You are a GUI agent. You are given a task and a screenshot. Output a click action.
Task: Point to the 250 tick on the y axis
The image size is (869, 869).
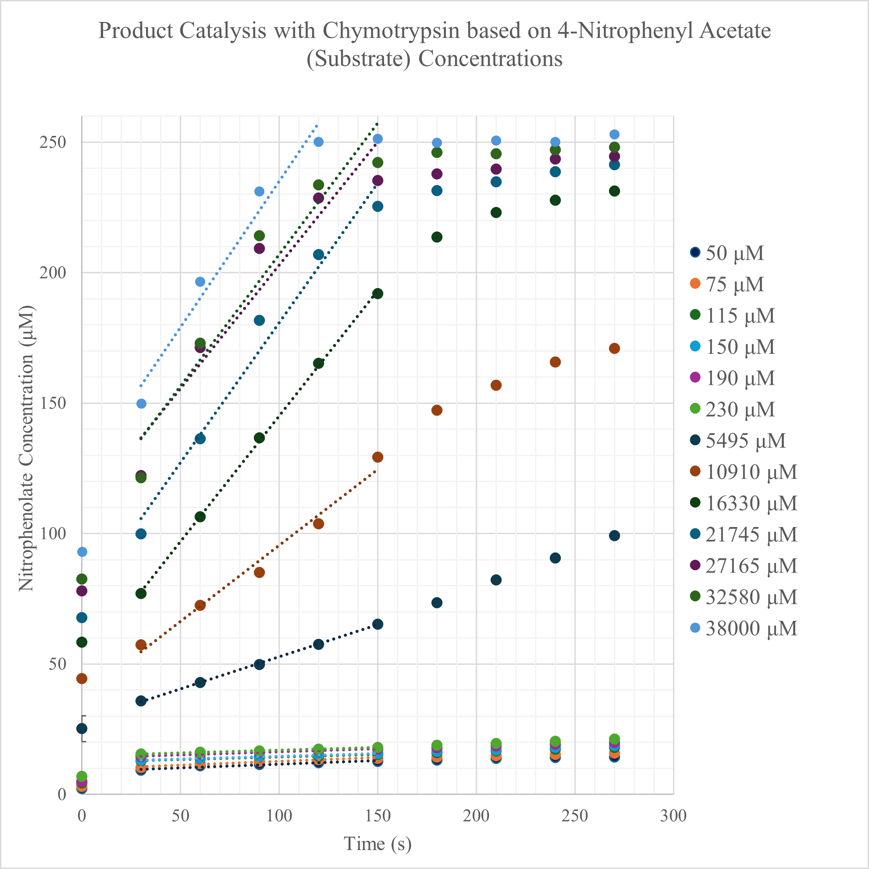[53, 142]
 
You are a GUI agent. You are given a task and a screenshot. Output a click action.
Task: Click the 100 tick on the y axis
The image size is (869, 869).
[53, 534]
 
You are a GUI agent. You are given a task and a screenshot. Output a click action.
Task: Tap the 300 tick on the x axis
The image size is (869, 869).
[673, 816]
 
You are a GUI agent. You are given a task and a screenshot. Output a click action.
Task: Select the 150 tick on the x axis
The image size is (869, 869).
[378, 816]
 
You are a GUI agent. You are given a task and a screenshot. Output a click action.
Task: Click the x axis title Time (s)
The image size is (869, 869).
[378, 844]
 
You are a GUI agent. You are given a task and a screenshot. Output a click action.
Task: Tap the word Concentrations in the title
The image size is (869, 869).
[490, 58]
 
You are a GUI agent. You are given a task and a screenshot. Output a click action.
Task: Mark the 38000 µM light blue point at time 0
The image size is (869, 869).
[82, 552]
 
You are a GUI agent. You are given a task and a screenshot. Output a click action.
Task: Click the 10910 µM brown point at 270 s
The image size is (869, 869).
[614, 349]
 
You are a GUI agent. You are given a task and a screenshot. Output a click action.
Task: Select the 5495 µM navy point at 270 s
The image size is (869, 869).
[614, 536]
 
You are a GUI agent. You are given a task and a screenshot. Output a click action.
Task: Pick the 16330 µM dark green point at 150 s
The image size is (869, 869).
[378, 294]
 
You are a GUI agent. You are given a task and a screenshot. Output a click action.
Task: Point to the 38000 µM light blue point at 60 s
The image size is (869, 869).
[200, 282]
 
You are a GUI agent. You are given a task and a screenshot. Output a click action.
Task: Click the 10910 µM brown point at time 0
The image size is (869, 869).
[82, 678]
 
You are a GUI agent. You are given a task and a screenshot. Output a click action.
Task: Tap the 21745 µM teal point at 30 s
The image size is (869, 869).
[141, 534]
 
